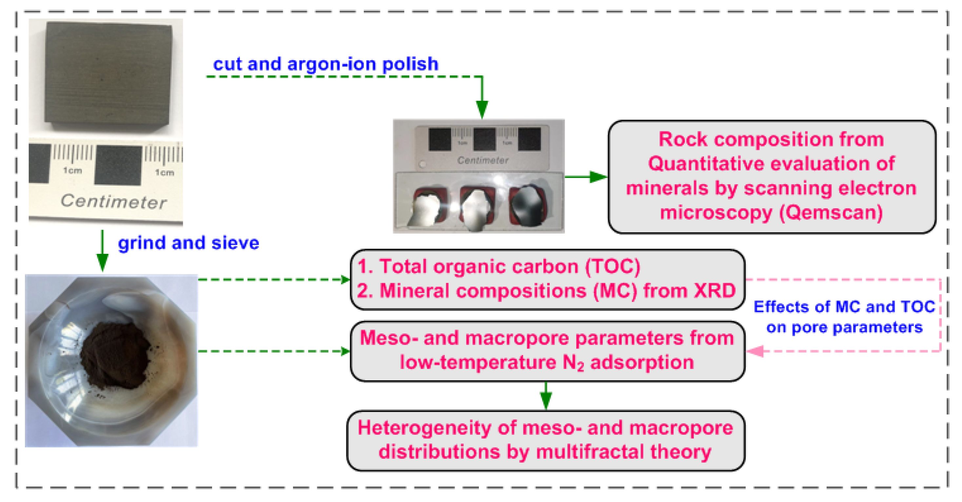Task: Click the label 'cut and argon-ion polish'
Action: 325,64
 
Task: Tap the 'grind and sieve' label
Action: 188,243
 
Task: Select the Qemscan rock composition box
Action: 772,177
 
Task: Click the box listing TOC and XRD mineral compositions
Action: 547,279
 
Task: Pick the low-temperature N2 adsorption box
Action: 547,351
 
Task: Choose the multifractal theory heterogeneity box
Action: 545,440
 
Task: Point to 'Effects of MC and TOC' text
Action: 844,307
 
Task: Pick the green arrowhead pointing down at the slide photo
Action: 482,109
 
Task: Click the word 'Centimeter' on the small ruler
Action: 482,160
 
